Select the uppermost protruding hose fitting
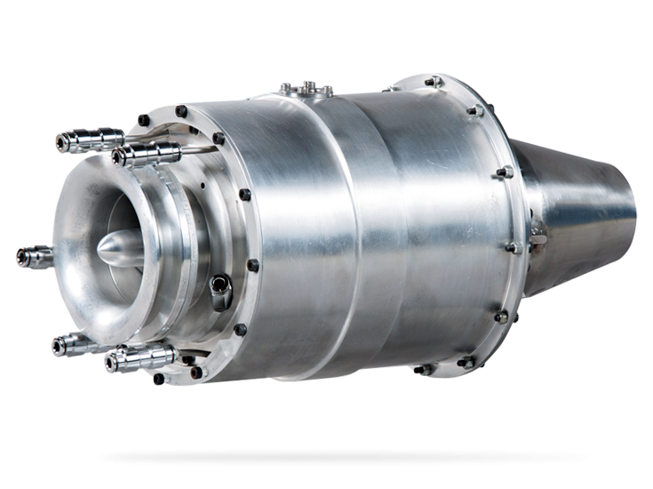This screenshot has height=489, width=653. click(89, 140)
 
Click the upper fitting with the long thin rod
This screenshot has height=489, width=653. click(147, 154)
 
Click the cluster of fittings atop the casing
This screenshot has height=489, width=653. click(306, 88)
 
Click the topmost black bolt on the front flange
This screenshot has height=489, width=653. click(181, 112)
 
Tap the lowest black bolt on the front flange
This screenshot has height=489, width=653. click(158, 380)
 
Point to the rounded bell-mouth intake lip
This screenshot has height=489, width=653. click(84, 191)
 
